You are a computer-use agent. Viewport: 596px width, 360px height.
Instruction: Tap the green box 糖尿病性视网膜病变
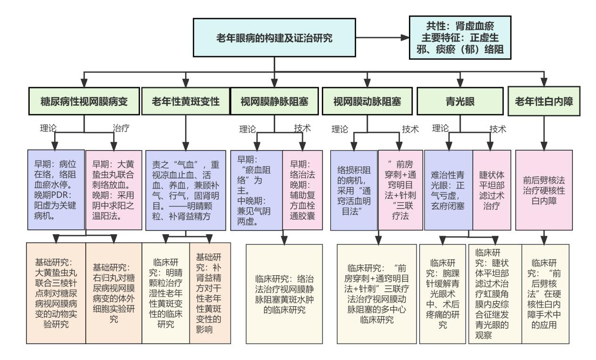[x=84, y=100]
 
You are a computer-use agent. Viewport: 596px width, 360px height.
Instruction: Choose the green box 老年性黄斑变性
[x=185, y=100]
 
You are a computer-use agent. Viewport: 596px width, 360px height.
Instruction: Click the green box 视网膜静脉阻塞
[x=274, y=100]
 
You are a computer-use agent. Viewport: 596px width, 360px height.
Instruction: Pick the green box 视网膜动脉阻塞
[x=366, y=100]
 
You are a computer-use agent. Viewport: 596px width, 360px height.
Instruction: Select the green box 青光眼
[x=454, y=100]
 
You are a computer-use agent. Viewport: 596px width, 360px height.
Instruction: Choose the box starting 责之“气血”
[x=186, y=189]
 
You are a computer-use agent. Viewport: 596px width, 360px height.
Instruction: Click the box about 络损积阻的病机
[x=354, y=189]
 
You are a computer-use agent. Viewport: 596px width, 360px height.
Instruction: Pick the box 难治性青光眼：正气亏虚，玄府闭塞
[x=448, y=189]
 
